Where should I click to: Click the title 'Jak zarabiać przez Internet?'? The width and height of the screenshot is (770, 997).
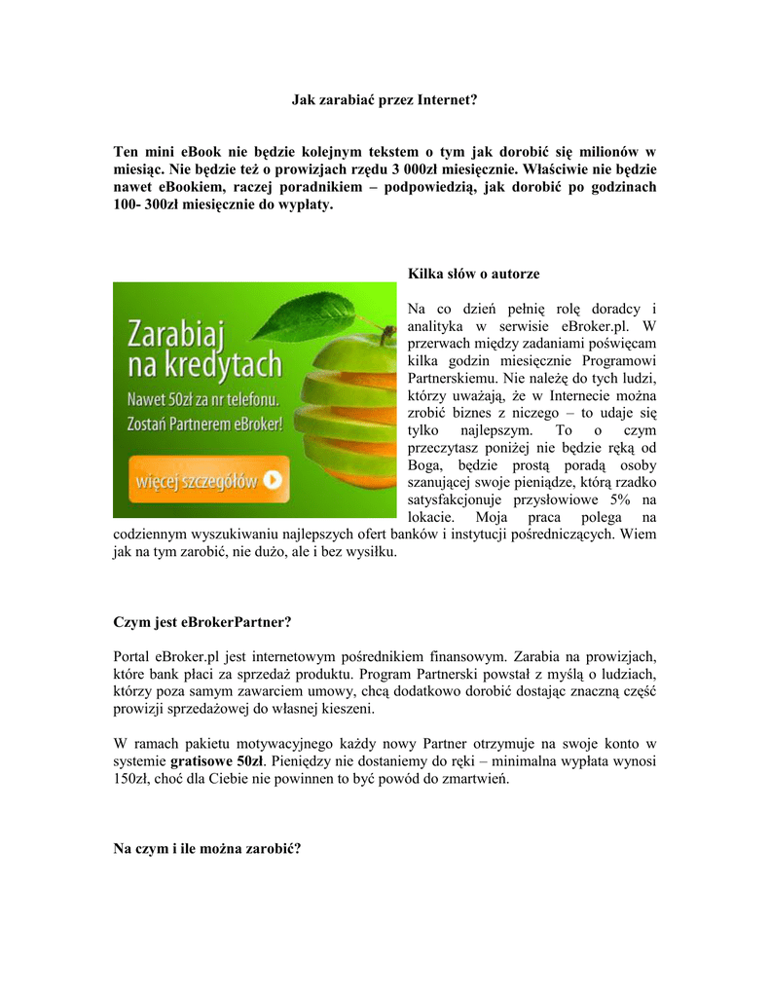385,99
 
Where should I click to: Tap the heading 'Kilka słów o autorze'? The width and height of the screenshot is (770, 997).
473,274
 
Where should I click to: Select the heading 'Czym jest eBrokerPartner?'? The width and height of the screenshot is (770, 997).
202,621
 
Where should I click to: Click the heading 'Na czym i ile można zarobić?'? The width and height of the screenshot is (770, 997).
207,849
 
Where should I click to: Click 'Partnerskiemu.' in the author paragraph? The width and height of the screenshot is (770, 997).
452,378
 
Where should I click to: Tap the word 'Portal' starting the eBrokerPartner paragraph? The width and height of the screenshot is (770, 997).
132,655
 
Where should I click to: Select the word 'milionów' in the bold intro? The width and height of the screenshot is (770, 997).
614,152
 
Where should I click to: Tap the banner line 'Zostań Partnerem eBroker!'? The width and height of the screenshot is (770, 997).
205,425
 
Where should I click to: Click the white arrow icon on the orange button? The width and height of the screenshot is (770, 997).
274,479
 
